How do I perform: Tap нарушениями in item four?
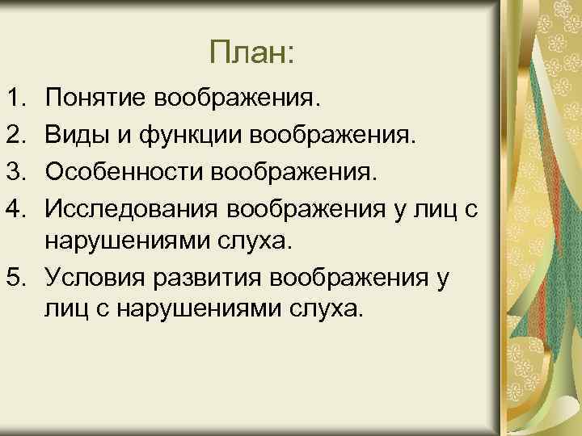pos(127,242)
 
